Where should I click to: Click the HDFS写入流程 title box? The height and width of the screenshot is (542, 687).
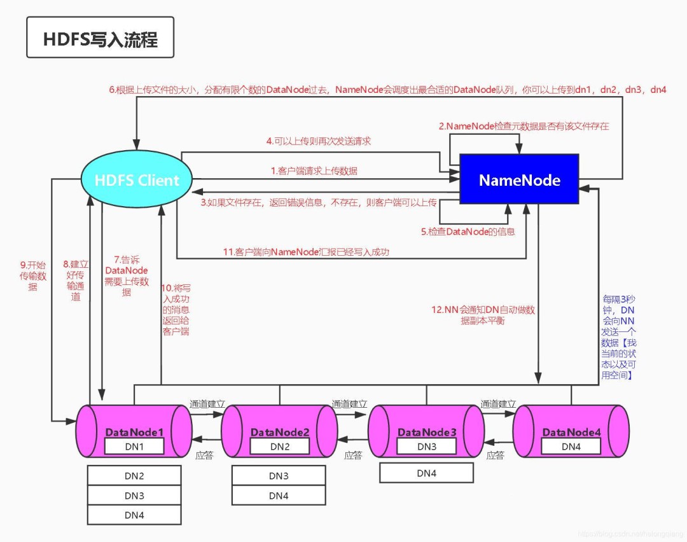pyautogui.click(x=99, y=39)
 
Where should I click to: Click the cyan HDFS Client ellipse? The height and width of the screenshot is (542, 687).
pyautogui.click(x=137, y=180)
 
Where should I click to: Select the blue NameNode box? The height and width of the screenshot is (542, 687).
pyautogui.click(x=519, y=180)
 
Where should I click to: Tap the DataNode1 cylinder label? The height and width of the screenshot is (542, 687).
pyautogui.click(x=134, y=433)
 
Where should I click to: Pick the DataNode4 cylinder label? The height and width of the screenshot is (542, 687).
pyautogui.click(x=571, y=433)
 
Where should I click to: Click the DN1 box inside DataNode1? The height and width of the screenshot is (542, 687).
pyautogui.click(x=134, y=447)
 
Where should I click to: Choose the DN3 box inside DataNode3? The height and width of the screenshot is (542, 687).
pyautogui.click(x=426, y=447)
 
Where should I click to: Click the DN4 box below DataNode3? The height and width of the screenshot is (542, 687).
pyautogui.click(x=426, y=473)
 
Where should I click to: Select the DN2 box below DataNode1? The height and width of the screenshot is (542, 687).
pyautogui.click(x=134, y=476)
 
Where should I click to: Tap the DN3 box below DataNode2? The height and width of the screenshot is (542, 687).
pyautogui.click(x=279, y=476)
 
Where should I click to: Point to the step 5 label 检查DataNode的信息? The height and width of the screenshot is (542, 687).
pyautogui.click(x=467, y=232)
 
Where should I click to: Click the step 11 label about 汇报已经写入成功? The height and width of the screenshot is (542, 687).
pyautogui.click(x=306, y=252)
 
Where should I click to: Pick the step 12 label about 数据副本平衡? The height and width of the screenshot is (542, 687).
pyautogui.click(x=483, y=316)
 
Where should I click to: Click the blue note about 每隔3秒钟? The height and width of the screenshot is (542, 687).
pyautogui.click(x=619, y=337)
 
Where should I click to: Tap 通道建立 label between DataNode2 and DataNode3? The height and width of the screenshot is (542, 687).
pyautogui.click(x=349, y=404)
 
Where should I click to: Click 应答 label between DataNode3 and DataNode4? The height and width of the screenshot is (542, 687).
pyautogui.click(x=496, y=455)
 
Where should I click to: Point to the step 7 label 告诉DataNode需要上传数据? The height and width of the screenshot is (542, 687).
pyautogui.click(x=127, y=275)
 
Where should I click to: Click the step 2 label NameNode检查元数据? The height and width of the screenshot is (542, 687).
pyautogui.click(x=524, y=126)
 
